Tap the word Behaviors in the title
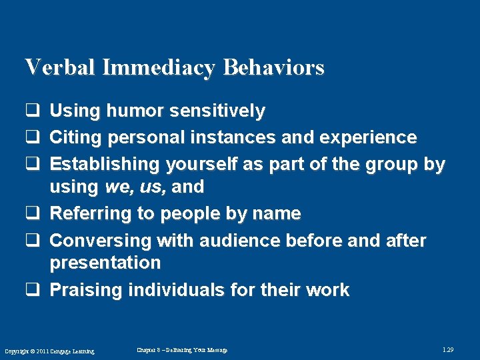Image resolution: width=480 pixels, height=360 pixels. pyautogui.click(x=274, y=67)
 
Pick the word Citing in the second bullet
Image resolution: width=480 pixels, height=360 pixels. pyautogui.click(x=76, y=138)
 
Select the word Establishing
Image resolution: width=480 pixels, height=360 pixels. pyautogui.click(x=105, y=164)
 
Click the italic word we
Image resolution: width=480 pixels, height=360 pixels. pyautogui.click(x=118, y=187)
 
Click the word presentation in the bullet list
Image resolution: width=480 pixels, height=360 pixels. pyautogui.click(x=105, y=263)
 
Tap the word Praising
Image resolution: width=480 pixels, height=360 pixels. pyautogui.click(x=85, y=290)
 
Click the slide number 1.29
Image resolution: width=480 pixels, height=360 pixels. pyautogui.click(x=449, y=349)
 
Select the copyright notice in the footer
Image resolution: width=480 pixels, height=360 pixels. pyautogui.click(x=49, y=351)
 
